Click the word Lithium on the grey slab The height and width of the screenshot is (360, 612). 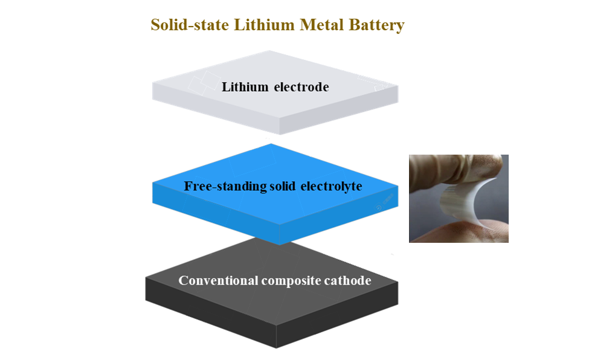[245, 87]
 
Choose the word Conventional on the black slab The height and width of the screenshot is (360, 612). [218, 281]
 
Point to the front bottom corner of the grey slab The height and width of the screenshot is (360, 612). [280, 134]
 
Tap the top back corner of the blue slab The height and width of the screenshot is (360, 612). [271, 144]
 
